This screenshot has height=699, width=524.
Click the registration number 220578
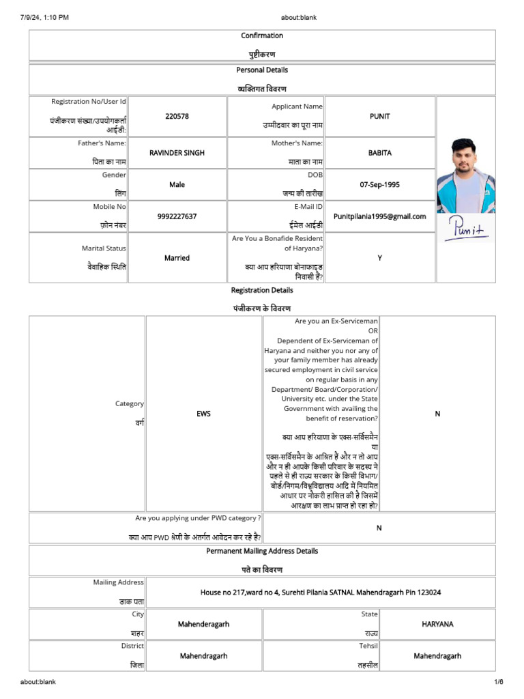pos(177,116)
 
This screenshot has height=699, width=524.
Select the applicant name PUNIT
pos(379,116)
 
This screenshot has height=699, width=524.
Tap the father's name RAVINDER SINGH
pos(177,153)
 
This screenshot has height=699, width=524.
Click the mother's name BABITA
pos(379,153)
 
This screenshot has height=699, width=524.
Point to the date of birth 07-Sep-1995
pos(379,184)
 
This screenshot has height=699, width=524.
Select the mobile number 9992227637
pos(177,216)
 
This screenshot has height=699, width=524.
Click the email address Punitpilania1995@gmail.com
pos(379,216)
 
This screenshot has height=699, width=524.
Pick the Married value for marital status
pos(177,258)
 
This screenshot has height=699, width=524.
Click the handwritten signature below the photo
pos(467,229)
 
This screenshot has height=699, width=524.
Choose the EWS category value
pos(203,414)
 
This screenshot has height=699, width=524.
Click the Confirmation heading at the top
pos(262,35)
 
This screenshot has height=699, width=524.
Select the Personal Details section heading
pos(262,70)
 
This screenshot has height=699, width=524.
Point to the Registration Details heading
pos(262,290)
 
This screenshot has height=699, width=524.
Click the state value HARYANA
pos(437,624)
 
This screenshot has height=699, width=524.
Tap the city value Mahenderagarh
pos(203,624)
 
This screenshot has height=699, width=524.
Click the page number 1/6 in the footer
pos(498,682)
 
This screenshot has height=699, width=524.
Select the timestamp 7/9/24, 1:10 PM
pos(44,17)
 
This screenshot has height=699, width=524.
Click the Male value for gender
pos(177,184)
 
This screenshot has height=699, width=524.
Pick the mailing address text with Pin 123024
pos(321,593)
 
